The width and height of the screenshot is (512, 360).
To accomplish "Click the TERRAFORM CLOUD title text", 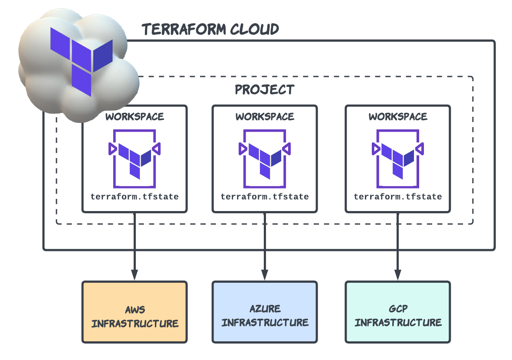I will tap(210, 30).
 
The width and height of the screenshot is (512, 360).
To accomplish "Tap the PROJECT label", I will tap(265, 90).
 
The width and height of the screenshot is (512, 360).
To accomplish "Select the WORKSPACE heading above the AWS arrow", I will tap(135, 117).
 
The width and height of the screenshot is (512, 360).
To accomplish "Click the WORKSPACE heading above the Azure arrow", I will tap(265, 117).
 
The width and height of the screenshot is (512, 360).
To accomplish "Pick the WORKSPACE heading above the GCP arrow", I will tap(398, 117).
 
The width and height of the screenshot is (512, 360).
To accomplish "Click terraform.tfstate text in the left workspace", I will tap(135, 197).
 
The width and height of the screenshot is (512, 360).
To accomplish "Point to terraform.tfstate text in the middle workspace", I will tap(265, 197).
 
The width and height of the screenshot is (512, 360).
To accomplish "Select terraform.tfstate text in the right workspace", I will tap(398, 197).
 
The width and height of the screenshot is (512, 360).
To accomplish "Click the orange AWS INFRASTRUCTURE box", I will tap(135, 312).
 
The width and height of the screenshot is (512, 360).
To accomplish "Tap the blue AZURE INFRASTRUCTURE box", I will tap(265, 312).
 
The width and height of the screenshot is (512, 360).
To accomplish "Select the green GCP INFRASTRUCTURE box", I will tap(398, 312).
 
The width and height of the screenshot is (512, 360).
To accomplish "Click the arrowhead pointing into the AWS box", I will tap(135, 275).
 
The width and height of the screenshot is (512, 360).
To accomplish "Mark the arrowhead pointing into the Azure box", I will tap(265, 275).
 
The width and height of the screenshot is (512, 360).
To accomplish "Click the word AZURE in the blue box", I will tap(265, 309).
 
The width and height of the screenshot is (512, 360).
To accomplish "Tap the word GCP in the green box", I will tap(398, 309).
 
